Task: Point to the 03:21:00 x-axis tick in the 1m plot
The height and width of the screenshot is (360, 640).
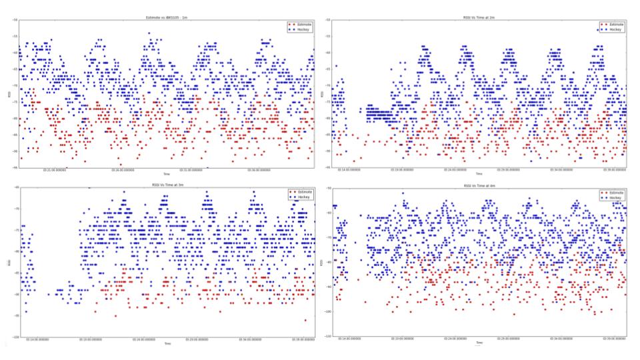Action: pos(56,169)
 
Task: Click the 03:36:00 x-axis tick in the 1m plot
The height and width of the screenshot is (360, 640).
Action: pos(259,169)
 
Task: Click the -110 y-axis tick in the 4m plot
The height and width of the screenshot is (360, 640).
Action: pos(327,335)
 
